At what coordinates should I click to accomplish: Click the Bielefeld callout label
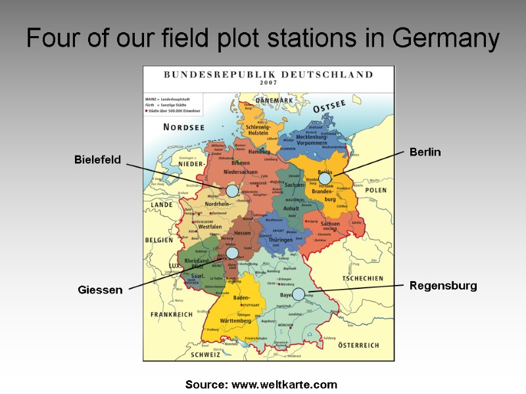pos(97,160)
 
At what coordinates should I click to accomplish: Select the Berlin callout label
pos(425,152)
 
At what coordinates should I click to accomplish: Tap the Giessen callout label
pos(100,290)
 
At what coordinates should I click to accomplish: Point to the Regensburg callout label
pos(443,286)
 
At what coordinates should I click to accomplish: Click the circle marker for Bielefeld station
pos(231,190)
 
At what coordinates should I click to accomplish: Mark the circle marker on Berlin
pos(324,178)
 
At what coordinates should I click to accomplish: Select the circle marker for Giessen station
pos(231,253)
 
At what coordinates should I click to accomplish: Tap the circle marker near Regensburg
pos(299,294)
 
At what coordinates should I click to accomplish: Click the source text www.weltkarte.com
pos(284,384)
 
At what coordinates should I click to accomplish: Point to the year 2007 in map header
pos(268,83)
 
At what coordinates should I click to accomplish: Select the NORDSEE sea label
pos(166,127)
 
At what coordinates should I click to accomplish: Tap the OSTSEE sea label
pos(329,106)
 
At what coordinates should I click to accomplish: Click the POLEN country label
pos(376,190)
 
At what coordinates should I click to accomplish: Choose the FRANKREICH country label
pos(172,315)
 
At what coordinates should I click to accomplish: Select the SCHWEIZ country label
pos(205,355)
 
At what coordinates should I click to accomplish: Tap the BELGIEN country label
pos(158,240)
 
